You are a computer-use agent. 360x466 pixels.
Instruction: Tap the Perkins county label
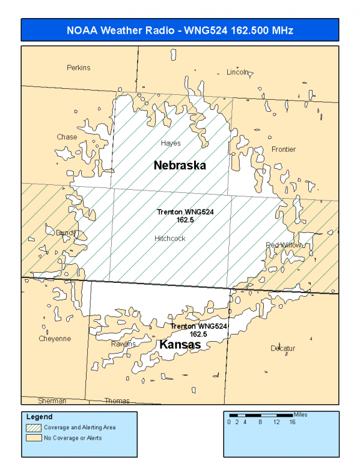pyautogui.click(x=78, y=68)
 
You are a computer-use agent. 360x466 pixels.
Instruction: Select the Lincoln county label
pyautogui.click(x=237, y=72)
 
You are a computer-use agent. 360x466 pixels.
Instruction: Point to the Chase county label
pyautogui.click(x=67, y=137)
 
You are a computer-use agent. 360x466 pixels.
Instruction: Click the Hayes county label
pyautogui.click(x=171, y=144)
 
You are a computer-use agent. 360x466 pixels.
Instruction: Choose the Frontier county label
pyautogui.click(x=283, y=150)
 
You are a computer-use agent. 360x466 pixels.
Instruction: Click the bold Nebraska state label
pyautogui.click(x=180, y=165)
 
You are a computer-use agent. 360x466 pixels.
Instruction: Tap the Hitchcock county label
pyautogui.click(x=169, y=238)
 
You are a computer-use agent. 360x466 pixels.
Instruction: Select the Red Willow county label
pyautogui.click(x=282, y=245)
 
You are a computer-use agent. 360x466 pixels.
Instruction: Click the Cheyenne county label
pyautogui.click(x=55, y=339)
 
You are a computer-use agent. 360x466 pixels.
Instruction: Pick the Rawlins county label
pyautogui.click(x=123, y=344)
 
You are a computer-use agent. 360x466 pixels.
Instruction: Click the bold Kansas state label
pyautogui.click(x=180, y=345)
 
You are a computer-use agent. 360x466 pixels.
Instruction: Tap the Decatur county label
pyautogui.click(x=282, y=348)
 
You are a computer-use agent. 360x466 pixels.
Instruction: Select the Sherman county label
pyautogui.click(x=52, y=401)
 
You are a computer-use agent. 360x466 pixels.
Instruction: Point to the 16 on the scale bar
pyautogui.click(x=292, y=422)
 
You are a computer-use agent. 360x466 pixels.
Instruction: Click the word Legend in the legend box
pyautogui.click(x=39, y=417)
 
